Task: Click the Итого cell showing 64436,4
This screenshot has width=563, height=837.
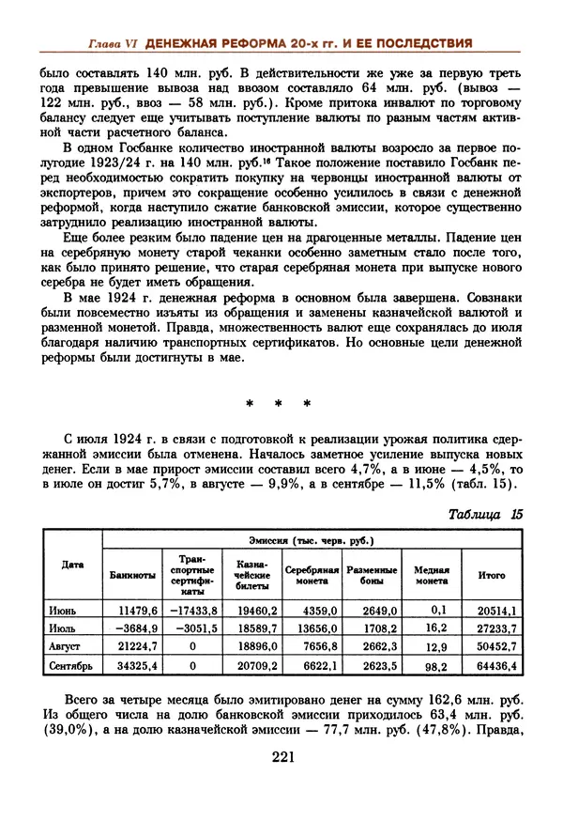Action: pos(496,666)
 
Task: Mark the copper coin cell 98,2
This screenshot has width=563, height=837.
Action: pos(433,666)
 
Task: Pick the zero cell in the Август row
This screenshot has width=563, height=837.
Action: pos(192,647)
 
